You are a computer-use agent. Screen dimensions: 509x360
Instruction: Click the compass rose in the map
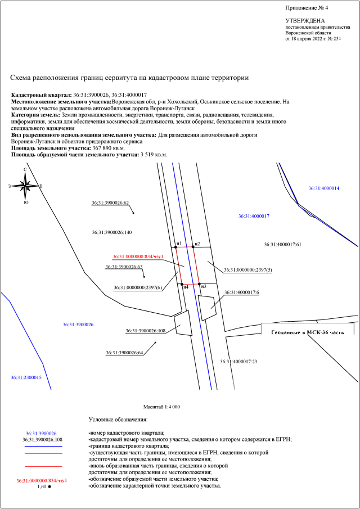coord(25,185)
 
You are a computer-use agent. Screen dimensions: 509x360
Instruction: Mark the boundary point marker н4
coord(182,283)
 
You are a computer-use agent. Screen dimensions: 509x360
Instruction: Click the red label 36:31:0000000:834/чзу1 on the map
coord(138,256)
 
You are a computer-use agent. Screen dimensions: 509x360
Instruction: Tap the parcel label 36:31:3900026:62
coord(110,203)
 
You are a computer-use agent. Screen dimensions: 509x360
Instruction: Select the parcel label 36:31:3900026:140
coord(111,232)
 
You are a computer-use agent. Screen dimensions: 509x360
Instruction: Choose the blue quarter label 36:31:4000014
coord(324,188)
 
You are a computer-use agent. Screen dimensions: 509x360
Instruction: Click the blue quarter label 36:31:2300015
coord(26,377)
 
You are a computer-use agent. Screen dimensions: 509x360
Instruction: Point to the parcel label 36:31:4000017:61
coord(283,245)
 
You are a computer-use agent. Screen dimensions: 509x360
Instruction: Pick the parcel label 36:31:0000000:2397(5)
coord(248,271)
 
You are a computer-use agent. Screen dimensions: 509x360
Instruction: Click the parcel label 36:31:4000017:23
coord(238,361)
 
